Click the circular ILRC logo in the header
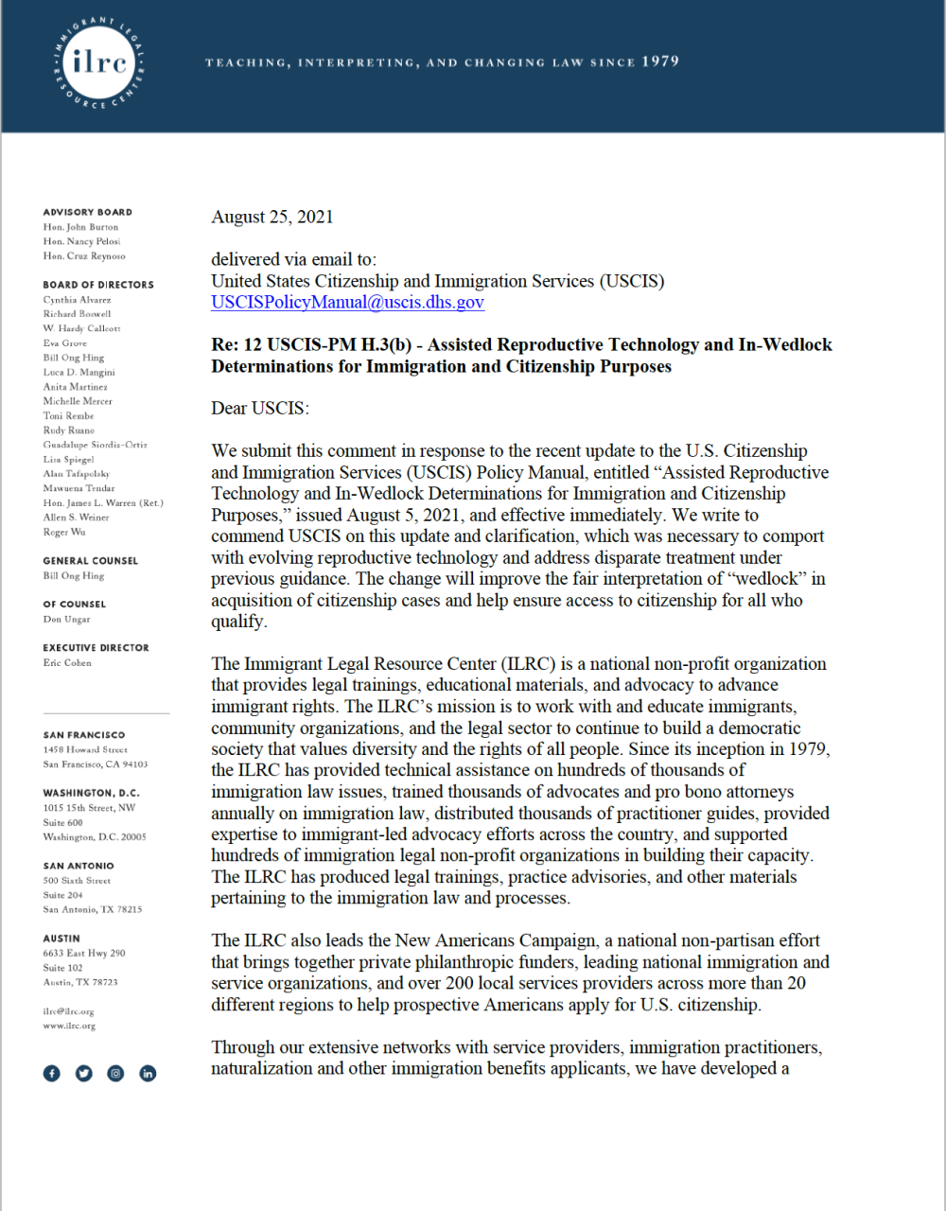click(x=99, y=62)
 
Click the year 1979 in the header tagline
click(x=660, y=61)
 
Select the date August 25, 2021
click(x=272, y=217)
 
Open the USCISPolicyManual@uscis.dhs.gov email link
click(x=347, y=302)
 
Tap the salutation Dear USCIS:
click(x=260, y=408)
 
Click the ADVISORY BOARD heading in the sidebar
click(x=87, y=212)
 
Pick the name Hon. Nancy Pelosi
click(x=81, y=241)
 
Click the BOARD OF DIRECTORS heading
click(x=97, y=284)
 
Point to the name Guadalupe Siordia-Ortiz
click(x=95, y=445)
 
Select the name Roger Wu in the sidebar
click(x=64, y=532)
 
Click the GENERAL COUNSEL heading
click(x=90, y=561)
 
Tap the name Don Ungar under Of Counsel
click(x=66, y=620)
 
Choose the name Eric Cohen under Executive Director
click(x=67, y=663)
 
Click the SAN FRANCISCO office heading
click(x=83, y=735)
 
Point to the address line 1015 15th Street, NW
click(x=89, y=808)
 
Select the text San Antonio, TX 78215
click(x=92, y=909)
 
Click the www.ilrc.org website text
click(x=69, y=1026)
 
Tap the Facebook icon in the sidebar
click(x=52, y=1073)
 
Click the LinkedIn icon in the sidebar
click(x=148, y=1073)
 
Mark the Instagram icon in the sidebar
click(x=115, y=1073)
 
